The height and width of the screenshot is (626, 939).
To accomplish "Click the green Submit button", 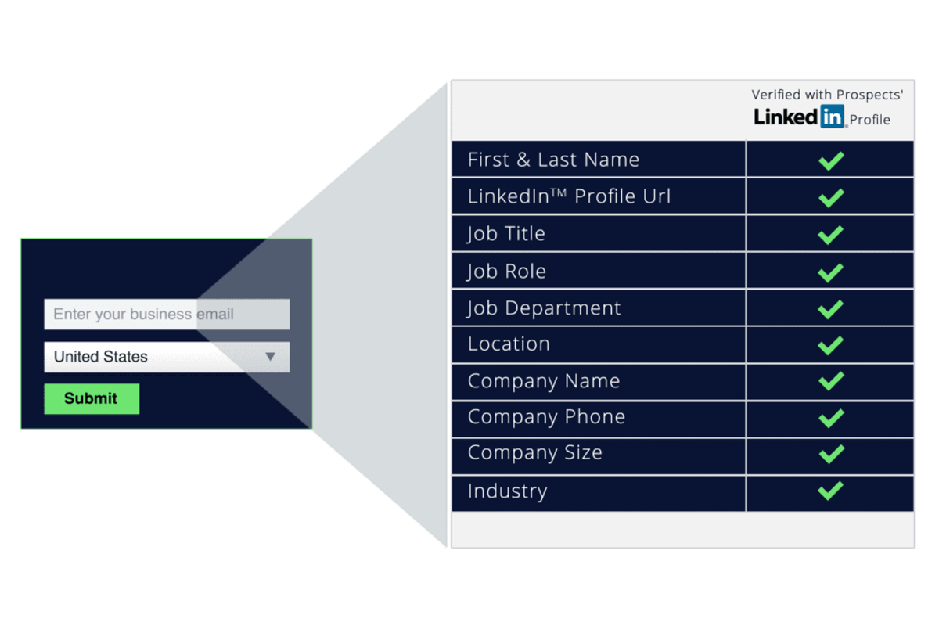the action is (92, 399).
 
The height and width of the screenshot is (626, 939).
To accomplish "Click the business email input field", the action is (167, 314).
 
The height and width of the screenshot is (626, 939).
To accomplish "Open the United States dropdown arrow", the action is (271, 356).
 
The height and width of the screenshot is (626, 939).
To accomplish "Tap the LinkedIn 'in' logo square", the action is (832, 116).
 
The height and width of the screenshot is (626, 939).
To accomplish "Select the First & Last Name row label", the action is (553, 160).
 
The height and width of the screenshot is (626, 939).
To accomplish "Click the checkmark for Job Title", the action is (831, 235).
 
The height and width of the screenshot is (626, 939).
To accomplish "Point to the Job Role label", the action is (506, 272).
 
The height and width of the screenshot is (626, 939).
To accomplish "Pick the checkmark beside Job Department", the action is (831, 309).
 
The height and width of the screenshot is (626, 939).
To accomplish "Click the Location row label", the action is (509, 344).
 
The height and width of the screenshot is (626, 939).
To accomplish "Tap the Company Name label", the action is (544, 381).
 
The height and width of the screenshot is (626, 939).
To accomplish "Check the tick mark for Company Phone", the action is (831, 418).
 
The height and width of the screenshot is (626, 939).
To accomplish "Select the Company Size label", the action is (535, 453).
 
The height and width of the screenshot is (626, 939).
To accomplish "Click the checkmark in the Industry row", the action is (831, 491).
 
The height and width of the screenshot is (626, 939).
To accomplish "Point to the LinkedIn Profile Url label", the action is (569, 196).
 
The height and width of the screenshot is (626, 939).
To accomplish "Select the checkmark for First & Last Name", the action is (831, 161).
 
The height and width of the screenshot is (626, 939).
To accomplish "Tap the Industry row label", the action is (507, 491).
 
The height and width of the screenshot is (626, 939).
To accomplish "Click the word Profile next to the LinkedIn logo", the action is (870, 120).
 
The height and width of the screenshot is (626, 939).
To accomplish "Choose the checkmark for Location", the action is (831, 346).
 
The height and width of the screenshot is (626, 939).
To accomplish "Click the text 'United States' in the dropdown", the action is (101, 356).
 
